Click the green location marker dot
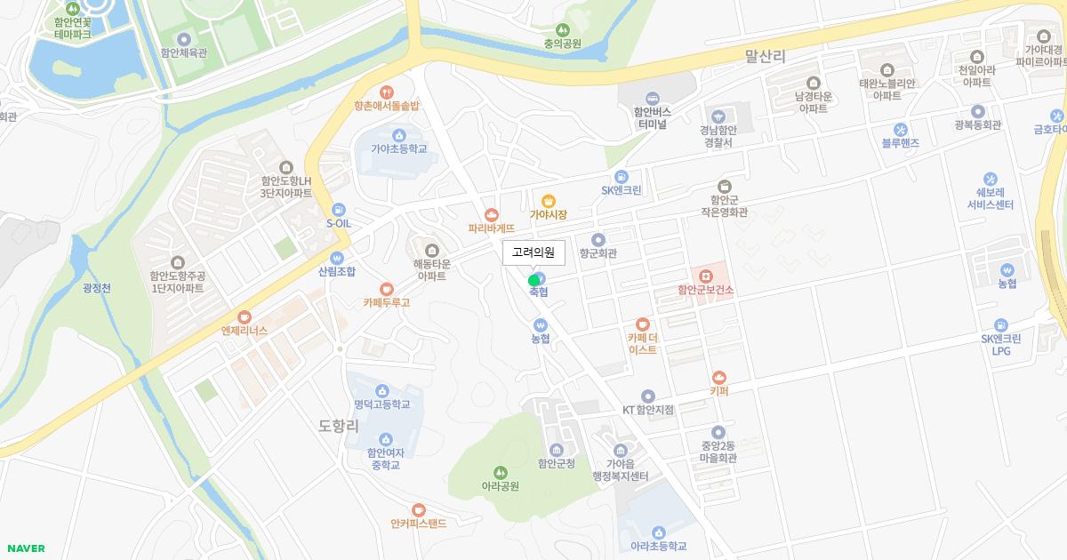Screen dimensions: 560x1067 (x=533, y=280)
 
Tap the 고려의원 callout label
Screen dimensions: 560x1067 (x=533, y=252)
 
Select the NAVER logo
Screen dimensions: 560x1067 (x=25, y=548)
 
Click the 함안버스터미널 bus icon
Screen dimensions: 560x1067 (x=652, y=98)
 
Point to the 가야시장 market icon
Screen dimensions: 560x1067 (x=548, y=200)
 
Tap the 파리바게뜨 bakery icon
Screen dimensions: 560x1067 (x=492, y=214)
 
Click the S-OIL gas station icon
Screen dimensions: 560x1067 (x=338, y=210)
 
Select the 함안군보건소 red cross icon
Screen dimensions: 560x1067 (x=705, y=276)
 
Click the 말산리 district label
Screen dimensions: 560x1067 (x=765, y=57)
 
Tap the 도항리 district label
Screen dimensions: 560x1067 (x=338, y=426)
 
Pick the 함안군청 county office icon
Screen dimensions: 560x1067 (x=557, y=450)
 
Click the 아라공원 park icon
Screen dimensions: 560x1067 (x=500, y=472)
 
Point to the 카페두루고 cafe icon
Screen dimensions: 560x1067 (x=386, y=288)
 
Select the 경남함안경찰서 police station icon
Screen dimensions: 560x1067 (x=717, y=116)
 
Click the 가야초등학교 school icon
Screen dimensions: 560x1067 (x=386, y=135)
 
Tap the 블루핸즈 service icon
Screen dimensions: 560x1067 (x=900, y=129)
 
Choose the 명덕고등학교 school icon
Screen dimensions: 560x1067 (x=381, y=390)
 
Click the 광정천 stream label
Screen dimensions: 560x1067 (x=96, y=288)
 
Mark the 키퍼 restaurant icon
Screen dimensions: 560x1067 (x=718, y=377)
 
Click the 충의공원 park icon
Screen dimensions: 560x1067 (x=562, y=29)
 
